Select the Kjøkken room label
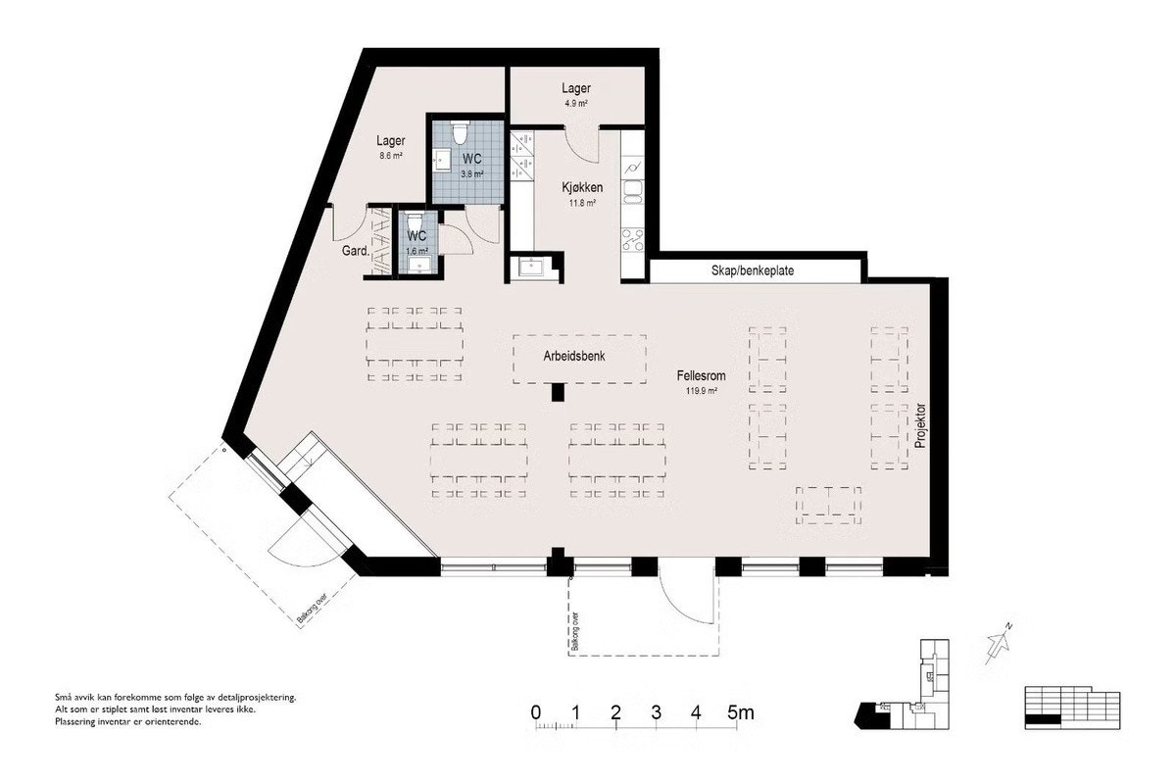pyautogui.click(x=581, y=187)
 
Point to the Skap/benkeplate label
pyautogui.click(x=754, y=270)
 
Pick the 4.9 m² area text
pyautogui.click(x=575, y=103)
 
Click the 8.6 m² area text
pyautogui.click(x=389, y=156)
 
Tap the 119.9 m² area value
pyautogui.click(x=701, y=391)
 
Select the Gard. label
pyautogui.click(x=355, y=251)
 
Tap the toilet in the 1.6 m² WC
pyautogui.click(x=416, y=220)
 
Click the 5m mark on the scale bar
pyautogui.click(x=740, y=712)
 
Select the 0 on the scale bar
pyautogui.click(x=535, y=712)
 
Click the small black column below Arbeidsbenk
pyautogui.click(x=558, y=392)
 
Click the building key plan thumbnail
pyautogui.click(x=906, y=686)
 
